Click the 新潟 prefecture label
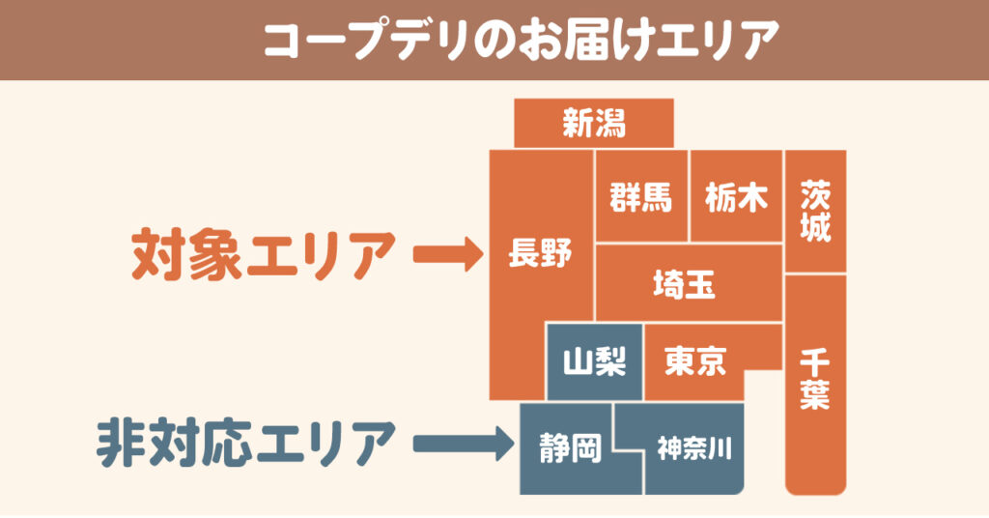pos(594,123)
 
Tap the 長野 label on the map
pos(540,253)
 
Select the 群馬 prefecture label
pos(641,197)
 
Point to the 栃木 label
pos(736,197)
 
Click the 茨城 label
pos(815,212)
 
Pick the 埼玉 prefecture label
pos(685,284)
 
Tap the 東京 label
pos(695,360)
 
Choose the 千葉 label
pos(815,380)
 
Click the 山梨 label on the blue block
pos(594,361)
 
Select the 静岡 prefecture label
pos(570,448)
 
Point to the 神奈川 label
pos(694,448)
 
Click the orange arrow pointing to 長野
pos(448,254)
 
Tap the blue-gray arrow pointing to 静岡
pos(464,444)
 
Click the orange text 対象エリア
pos(263,254)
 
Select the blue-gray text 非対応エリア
pos(246,444)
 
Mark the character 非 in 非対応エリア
pos(122,444)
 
